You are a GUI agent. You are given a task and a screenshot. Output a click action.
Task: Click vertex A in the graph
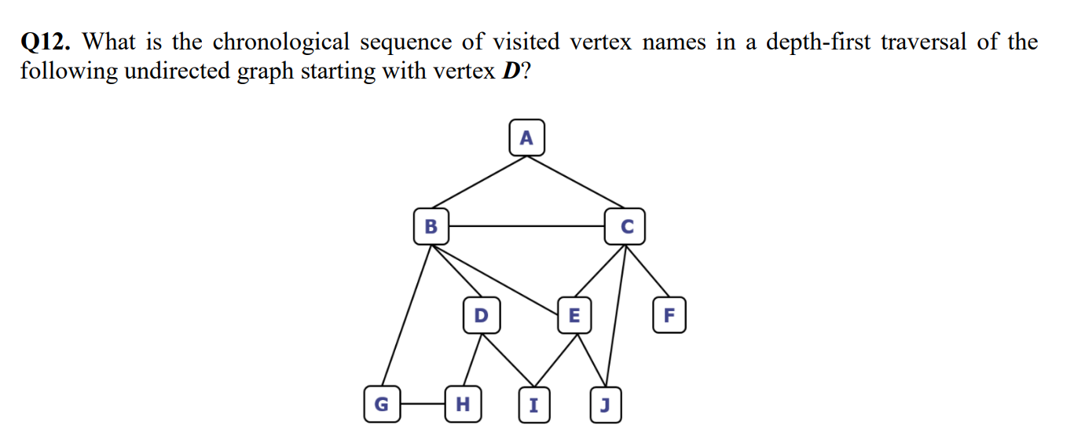pyautogui.click(x=526, y=139)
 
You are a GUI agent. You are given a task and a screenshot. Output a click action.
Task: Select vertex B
pyautogui.click(x=431, y=227)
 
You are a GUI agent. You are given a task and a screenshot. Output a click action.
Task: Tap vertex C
pyautogui.click(x=625, y=227)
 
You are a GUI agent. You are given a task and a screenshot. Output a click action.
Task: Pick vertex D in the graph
pyautogui.click(x=481, y=316)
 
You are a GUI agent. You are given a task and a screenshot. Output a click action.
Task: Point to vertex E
pyautogui.click(x=574, y=316)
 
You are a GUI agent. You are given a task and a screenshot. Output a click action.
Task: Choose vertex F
pyautogui.click(x=669, y=316)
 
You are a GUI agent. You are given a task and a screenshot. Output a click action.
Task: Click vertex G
pyautogui.click(x=381, y=405)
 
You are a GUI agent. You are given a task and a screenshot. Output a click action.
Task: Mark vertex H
pyautogui.click(x=463, y=405)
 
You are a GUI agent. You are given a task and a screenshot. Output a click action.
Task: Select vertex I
pyautogui.click(x=534, y=405)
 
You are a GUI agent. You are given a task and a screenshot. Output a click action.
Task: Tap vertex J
pyautogui.click(x=604, y=405)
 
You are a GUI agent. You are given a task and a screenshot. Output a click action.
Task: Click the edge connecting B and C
pyautogui.click(x=526, y=226)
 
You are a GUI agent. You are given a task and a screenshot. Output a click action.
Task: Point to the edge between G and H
pyautogui.click(x=422, y=405)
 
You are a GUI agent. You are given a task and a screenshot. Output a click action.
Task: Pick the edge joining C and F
pyautogui.click(x=647, y=271)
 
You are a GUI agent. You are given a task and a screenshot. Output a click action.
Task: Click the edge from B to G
pyautogui.click(x=406, y=314)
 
